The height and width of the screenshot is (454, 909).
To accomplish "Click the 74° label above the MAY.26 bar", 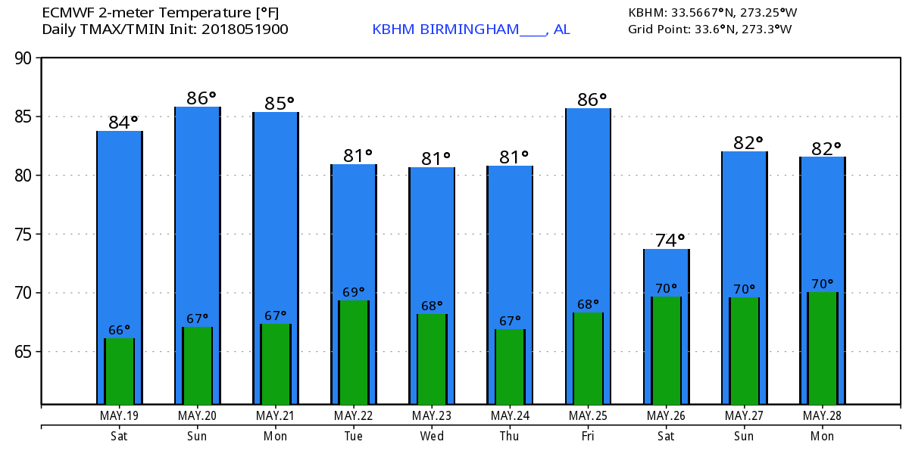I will tap(670, 241).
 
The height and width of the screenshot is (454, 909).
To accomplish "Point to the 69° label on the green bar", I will tap(353, 291).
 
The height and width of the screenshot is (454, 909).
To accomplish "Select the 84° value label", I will tap(123, 122).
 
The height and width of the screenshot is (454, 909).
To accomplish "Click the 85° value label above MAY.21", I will tap(279, 103).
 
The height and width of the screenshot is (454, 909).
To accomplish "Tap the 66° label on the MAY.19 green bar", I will tap(119, 330).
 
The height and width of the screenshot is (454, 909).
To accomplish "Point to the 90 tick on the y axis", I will tap(25, 58).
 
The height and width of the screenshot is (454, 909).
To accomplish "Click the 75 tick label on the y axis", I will tap(25, 235).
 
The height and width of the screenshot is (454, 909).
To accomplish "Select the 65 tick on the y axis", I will tap(25, 352).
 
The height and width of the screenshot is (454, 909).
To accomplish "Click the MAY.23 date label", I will tap(432, 415).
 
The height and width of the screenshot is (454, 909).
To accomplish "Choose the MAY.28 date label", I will tap(822, 415).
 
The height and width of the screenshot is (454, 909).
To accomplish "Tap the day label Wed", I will tap(432, 436).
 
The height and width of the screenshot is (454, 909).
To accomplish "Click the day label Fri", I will tap(588, 436).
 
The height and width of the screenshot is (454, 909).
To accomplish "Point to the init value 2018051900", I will tap(241, 30).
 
